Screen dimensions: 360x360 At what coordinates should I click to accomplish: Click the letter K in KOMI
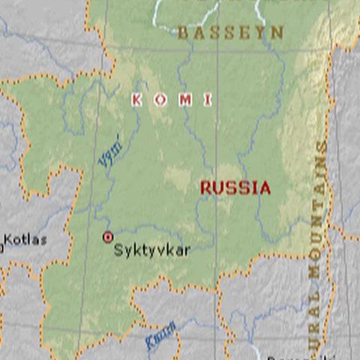pos(137,100)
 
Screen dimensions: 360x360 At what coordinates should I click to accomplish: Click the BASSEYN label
pos(230,33)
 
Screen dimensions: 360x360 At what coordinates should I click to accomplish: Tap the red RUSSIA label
pos(235,188)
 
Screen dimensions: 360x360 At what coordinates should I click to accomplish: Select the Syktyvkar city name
pos(151,251)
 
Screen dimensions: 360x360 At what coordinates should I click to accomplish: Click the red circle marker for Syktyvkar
pos(107,237)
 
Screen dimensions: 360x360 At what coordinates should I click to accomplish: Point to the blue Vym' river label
pos(110,151)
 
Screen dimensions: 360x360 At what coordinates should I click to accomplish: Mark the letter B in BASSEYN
pos(183,33)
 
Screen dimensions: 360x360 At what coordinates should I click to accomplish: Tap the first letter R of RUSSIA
pos(205,188)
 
